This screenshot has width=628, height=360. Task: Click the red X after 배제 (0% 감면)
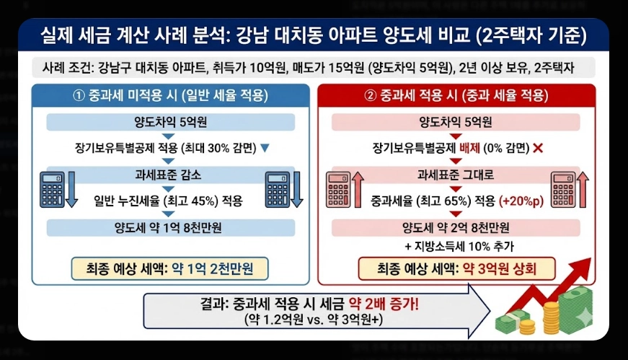(x=536, y=148)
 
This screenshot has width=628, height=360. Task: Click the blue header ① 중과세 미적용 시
(x=171, y=96)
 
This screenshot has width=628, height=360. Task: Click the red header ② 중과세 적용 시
(x=456, y=96)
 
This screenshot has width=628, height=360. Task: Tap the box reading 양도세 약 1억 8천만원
(x=171, y=227)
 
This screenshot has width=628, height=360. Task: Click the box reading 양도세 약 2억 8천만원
(x=456, y=227)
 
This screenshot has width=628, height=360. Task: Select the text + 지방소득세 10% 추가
(x=456, y=247)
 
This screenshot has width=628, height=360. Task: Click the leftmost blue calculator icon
(x=53, y=190)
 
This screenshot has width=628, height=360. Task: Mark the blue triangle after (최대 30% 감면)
(x=264, y=148)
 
